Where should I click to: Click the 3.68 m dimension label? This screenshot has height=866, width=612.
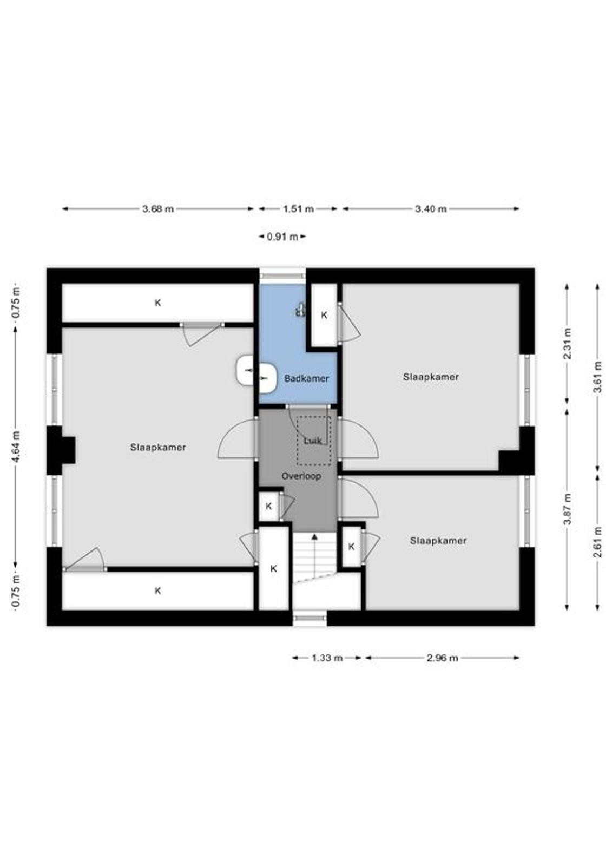tap(158, 209)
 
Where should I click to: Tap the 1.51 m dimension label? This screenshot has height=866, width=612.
tap(298, 209)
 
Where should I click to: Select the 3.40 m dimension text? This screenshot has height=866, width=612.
tap(431, 209)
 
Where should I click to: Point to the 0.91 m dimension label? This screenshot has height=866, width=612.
tap(282, 236)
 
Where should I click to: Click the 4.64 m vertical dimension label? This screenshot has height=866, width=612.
tap(16, 447)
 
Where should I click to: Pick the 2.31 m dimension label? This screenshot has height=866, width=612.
tap(567, 343)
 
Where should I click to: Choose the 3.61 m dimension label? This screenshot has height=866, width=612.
tap(598, 377)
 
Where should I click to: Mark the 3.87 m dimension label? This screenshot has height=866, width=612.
tap(567, 509)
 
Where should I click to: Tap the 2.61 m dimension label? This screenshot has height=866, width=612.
tap(598, 542)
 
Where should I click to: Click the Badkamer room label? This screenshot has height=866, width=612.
tap(307, 378)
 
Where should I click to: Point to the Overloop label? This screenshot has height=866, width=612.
tap(301, 476)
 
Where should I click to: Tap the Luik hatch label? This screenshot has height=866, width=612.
tap(313, 441)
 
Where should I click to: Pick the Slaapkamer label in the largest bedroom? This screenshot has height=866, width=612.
tap(158, 447)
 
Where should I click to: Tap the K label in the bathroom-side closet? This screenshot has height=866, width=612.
tap(324, 315)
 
